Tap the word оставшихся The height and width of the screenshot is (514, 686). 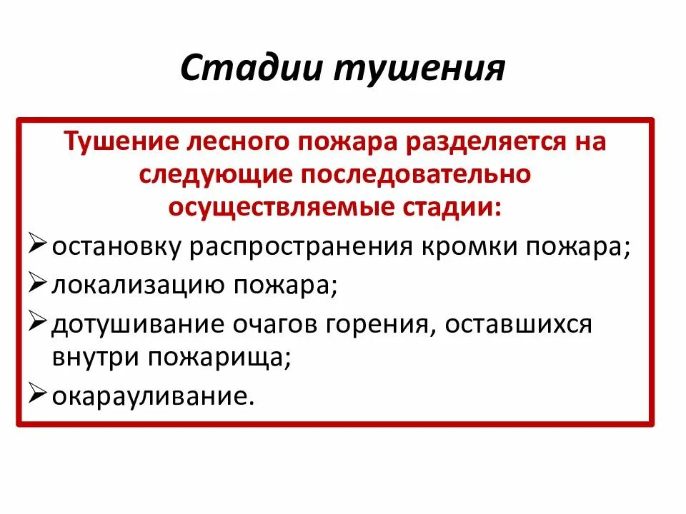tap(520, 323)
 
